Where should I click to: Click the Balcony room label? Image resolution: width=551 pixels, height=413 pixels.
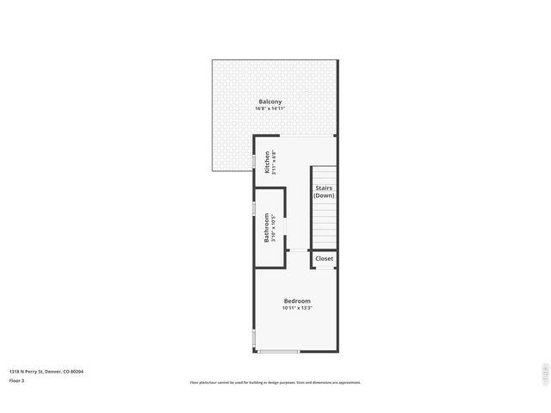pos(269,102)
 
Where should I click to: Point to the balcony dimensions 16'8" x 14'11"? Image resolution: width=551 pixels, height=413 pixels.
pos(269,108)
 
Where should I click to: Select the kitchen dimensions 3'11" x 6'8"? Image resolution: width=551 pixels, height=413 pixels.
pos(274,163)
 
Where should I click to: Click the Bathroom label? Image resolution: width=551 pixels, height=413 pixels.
pos(267,228)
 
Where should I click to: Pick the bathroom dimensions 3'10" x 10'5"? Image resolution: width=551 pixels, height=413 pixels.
pos(274,228)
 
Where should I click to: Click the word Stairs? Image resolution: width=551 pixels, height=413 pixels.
pos(324,188)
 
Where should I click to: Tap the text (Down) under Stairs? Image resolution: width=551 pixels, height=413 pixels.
pos(324,195)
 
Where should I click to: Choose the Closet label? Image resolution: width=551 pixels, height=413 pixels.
pos(325,258)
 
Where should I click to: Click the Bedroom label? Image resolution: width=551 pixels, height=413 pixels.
pos(297,300)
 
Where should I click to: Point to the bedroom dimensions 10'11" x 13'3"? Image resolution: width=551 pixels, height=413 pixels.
pos(297,307)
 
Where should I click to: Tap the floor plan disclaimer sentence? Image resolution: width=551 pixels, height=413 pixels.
pos(275,383)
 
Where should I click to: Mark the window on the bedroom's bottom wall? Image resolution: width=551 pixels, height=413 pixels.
pos(278,351)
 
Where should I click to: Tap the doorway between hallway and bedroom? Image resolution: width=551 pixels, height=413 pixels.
pos(299,250)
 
